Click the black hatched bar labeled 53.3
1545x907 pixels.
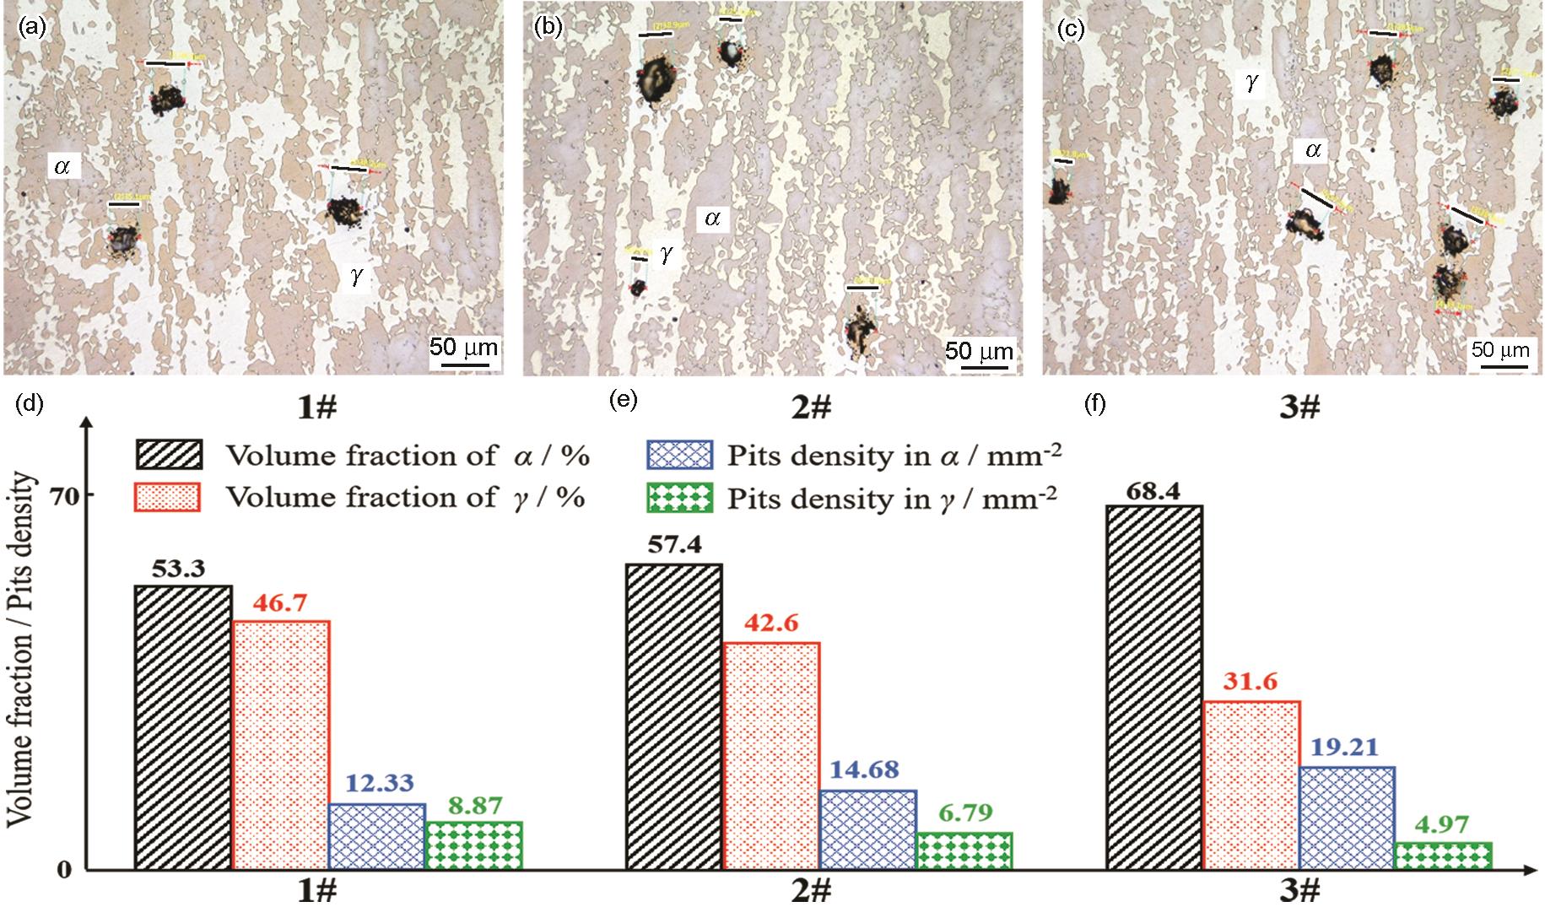183,726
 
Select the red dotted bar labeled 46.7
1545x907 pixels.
281,744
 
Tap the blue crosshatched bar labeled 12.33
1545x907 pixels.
377,835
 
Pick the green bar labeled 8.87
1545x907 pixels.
474,845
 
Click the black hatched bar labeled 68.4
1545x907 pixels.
1153,687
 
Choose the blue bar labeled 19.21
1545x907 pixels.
1348,817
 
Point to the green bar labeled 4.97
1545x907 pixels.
1444,855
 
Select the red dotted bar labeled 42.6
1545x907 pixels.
771,755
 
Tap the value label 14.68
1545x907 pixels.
867,770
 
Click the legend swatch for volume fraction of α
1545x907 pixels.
169,455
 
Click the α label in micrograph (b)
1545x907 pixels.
712,219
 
